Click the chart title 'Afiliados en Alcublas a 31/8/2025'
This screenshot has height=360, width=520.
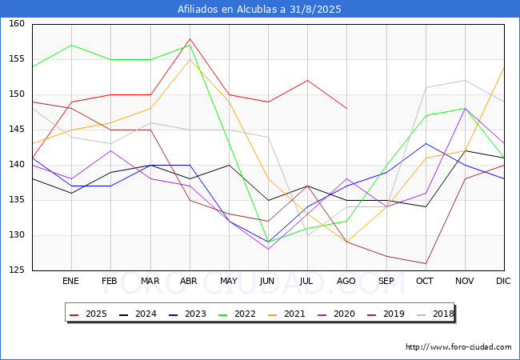pos(260,10)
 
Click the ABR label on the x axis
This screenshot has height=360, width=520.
pos(190,282)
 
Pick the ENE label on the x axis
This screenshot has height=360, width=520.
pos(71,282)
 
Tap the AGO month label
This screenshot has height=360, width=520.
pos(346,282)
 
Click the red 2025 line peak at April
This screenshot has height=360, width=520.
pos(190,38)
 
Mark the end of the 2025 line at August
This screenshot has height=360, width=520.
pos(346,109)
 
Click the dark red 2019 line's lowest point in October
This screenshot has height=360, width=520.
pos(426,263)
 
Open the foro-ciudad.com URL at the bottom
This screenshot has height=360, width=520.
pos(458,347)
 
